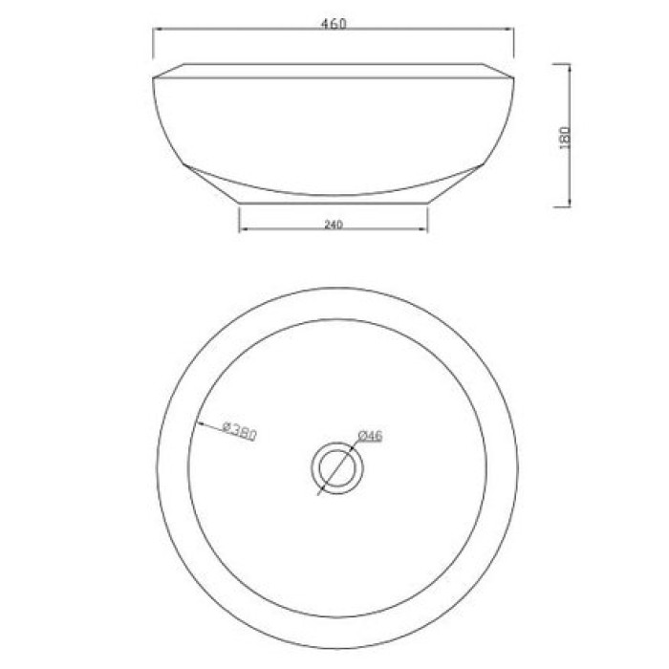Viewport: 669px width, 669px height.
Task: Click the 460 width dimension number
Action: pos(334,24)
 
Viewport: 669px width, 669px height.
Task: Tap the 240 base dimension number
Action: pos(333,225)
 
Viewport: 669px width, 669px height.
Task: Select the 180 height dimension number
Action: pos(565,135)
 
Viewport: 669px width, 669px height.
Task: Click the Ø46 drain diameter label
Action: pos(371,436)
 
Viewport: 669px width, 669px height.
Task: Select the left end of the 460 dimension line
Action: pos(155,30)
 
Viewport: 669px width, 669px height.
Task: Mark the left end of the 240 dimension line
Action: pos(239,230)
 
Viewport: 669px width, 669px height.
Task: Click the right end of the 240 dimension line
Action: pos(427,230)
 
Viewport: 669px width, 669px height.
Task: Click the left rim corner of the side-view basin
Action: pos(154,76)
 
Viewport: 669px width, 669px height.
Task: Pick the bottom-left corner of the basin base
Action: pos(239,203)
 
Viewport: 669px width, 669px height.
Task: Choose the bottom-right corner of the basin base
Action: pos(427,203)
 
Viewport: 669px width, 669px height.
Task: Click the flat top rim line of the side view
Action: pos(334,65)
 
